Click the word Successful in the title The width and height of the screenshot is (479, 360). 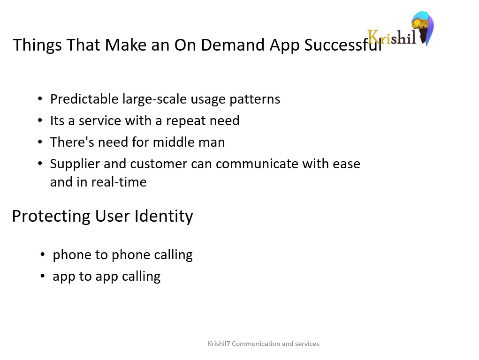pyautogui.click(x=343, y=45)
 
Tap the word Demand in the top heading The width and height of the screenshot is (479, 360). pyautogui.click(x=233, y=45)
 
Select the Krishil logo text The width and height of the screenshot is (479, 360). pyautogui.click(x=391, y=37)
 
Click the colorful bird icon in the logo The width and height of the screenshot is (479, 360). pyautogui.click(x=423, y=28)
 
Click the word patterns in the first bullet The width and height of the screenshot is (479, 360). pyautogui.click(x=255, y=99)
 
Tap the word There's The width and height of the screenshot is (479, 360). pyautogui.click(x=72, y=142)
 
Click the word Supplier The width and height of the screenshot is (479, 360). pyautogui.click(x=75, y=164)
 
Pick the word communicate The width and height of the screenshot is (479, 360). pyautogui.click(x=257, y=164)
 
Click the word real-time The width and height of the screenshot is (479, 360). pyautogui.click(x=119, y=182)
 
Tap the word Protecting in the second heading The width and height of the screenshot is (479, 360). pyautogui.click(x=51, y=217)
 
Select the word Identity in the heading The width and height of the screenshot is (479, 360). pyautogui.click(x=164, y=217)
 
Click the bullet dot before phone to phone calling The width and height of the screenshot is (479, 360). pyautogui.click(x=43, y=255)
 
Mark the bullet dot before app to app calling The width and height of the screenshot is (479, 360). pyautogui.click(x=43, y=276)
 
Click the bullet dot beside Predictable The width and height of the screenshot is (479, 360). pyautogui.click(x=40, y=98)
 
